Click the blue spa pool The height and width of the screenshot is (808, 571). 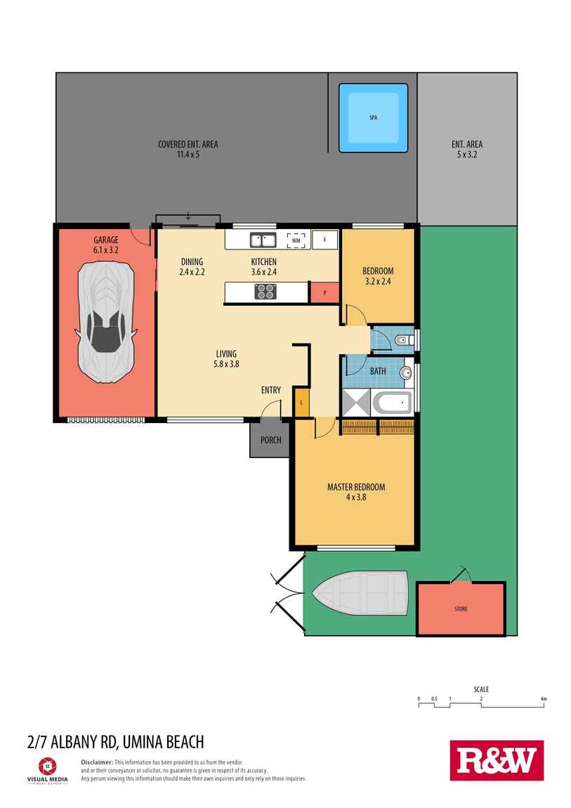(x=373, y=118)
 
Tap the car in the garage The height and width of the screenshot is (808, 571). (x=106, y=321)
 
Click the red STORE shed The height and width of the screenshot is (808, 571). (x=461, y=608)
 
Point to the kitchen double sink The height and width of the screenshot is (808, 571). (x=263, y=240)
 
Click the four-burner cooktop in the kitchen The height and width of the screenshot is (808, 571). (x=265, y=291)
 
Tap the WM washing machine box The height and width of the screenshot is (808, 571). (x=296, y=240)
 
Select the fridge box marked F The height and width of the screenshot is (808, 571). (x=324, y=240)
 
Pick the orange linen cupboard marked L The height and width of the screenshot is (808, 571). (x=301, y=403)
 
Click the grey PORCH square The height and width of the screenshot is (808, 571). (x=270, y=440)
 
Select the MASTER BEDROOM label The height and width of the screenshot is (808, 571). (x=356, y=487)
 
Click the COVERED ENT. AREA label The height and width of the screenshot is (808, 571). (x=188, y=145)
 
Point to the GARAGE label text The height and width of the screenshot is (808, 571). (x=106, y=240)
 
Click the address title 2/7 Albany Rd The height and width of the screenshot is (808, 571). (x=115, y=741)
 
